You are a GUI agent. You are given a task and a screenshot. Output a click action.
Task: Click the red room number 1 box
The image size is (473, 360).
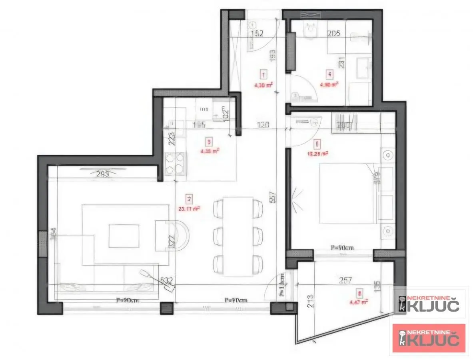(x=263, y=74)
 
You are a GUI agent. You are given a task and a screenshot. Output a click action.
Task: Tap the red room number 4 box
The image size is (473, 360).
(x=329, y=74)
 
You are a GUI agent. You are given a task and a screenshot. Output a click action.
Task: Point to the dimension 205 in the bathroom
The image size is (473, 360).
(x=334, y=34)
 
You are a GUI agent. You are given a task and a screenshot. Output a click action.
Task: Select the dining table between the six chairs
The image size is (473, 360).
(x=238, y=236)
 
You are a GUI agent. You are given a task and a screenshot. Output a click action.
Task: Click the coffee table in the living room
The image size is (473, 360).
(x=124, y=236)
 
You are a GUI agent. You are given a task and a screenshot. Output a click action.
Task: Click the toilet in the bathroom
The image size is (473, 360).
(x=310, y=30)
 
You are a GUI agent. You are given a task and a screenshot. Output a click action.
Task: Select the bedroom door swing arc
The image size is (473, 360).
(x=304, y=134)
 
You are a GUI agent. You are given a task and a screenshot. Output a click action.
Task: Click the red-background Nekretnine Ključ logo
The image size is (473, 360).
(x=429, y=338)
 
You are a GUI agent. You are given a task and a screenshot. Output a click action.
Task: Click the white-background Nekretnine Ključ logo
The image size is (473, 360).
(x=429, y=304)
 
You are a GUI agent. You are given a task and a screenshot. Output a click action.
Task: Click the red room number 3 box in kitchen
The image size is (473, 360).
(x=208, y=141)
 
